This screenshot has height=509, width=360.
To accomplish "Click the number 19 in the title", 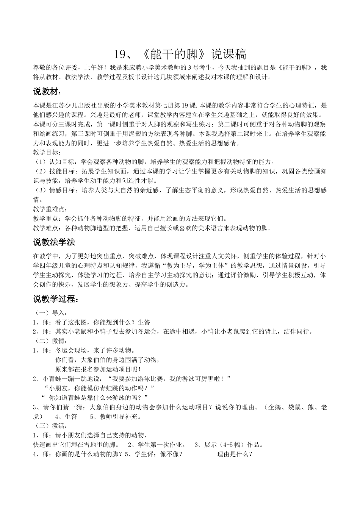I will pos(119,55).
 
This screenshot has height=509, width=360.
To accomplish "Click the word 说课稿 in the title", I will pos(229,55).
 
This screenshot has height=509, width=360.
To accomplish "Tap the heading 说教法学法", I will pos(54,242).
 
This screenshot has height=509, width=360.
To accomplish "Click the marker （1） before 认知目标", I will pos(40,162).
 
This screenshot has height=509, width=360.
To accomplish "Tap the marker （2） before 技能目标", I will pos(40,172).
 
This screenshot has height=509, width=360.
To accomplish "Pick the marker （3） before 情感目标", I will pos(40,190).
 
